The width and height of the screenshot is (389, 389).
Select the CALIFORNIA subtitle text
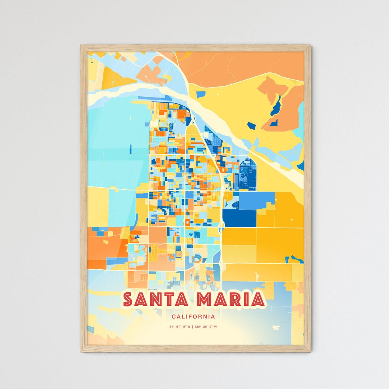coord(193,317)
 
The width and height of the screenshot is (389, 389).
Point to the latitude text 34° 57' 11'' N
coord(180,327)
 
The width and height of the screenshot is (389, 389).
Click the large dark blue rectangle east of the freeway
coord(239,218)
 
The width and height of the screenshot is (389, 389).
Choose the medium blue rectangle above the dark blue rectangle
coord(256,201)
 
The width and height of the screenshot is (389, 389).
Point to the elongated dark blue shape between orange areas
coord(276,106)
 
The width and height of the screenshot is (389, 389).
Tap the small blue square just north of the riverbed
coord(201,94)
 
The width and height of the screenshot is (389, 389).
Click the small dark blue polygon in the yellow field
coord(251,126)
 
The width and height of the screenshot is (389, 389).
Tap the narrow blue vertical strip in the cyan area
coord(130,149)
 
